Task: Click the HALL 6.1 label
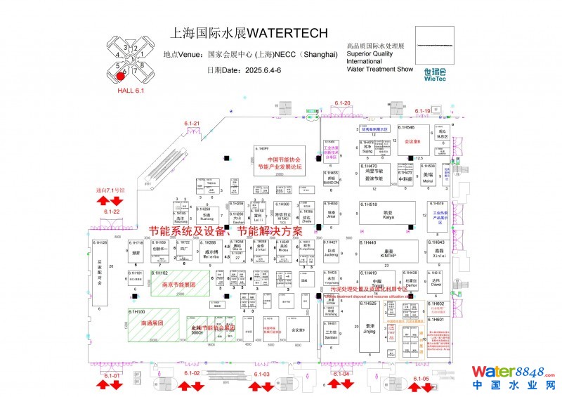point(130,91)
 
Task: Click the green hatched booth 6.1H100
point(153,324)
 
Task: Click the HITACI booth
point(282,217)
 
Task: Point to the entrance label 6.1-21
point(192,124)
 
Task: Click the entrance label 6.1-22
point(112,211)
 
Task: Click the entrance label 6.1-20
point(342,103)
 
